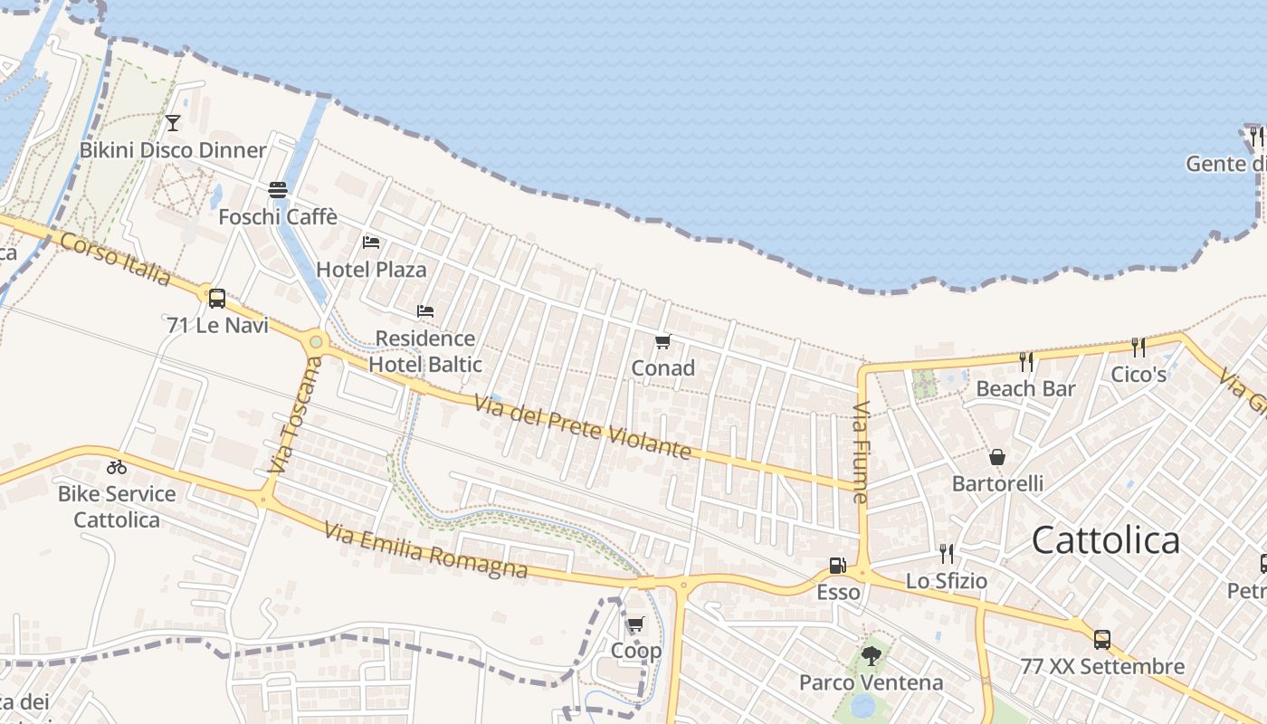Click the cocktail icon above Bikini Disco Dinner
[x=173, y=122]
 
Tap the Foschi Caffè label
[x=278, y=217]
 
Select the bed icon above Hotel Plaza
[x=371, y=243]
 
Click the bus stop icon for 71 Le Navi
[x=217, y=298]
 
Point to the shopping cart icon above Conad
[x=663, y=341]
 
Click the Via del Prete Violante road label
[x=583, y=430]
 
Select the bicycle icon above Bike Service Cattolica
[x=117, y=467]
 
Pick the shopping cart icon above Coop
[x=636, y=624]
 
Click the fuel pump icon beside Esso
[x=838, y=566]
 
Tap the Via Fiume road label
[x=861, y=452]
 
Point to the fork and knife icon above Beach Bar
[x=1026, y=362]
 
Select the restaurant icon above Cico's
[x=1138, y=347]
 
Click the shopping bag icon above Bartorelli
[x=997, y=457]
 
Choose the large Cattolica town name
[x=1105, y=540]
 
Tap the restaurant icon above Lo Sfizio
[x=947, y=553]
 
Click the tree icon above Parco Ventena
[x=872, y=655]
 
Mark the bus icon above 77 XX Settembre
[x=1102, y=639]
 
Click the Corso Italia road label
[x=115, y=258]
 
